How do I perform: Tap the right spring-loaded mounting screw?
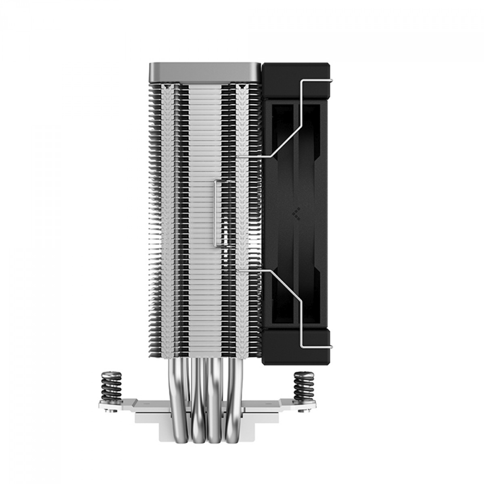pos(303,386)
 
